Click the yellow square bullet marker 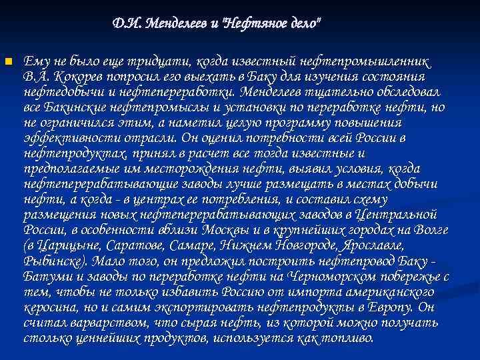[x=8, y=63]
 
